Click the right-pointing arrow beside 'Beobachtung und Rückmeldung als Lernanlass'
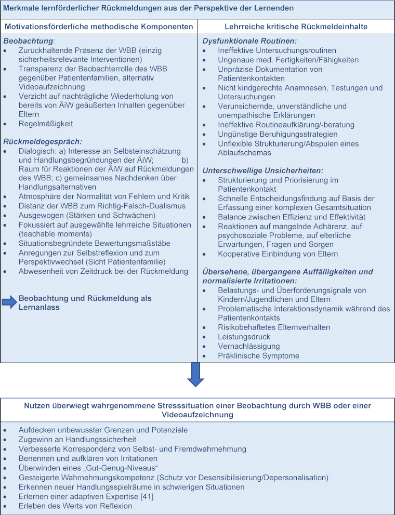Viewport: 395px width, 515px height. click(x=10, y=303)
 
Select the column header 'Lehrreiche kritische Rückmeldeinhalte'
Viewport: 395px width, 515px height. click(x=296, y=27)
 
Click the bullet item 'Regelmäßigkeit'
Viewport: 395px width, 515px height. click(x=45, y=124)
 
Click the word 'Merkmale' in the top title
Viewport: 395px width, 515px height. click(x=22, y=8)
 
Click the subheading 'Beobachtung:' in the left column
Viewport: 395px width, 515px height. click(x=28, y=41)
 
